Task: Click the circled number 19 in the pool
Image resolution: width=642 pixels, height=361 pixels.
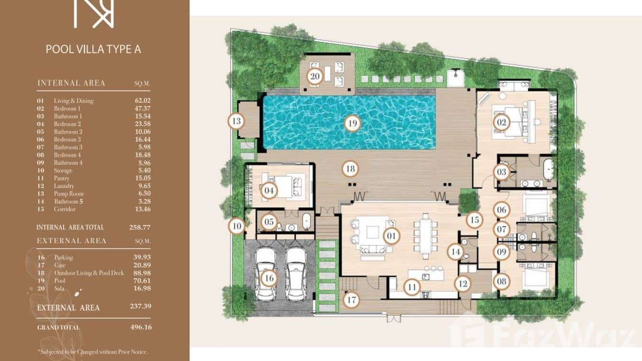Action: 352,124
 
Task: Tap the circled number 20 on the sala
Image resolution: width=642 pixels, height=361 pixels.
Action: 315,76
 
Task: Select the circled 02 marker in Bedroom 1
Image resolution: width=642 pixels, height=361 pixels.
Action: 501,123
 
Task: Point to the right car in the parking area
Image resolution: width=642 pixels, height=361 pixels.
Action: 296,273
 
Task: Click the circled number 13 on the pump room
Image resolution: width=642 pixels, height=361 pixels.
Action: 236,121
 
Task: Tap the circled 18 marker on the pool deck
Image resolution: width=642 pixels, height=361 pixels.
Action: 350,169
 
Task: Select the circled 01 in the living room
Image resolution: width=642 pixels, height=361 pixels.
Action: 391,236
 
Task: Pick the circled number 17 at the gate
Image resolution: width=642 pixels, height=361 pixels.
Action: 352,300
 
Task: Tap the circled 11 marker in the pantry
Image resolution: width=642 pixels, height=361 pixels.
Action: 411,287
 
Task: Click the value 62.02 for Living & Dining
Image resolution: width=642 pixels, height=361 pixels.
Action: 143,101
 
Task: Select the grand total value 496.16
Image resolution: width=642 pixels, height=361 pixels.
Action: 141,327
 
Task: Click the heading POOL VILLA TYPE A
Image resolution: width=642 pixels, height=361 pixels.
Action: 93,49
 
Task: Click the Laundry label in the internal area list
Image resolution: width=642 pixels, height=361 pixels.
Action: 64,186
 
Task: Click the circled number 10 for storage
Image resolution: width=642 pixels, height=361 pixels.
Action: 236,226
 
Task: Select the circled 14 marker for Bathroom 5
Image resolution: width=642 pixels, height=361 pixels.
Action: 455,251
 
